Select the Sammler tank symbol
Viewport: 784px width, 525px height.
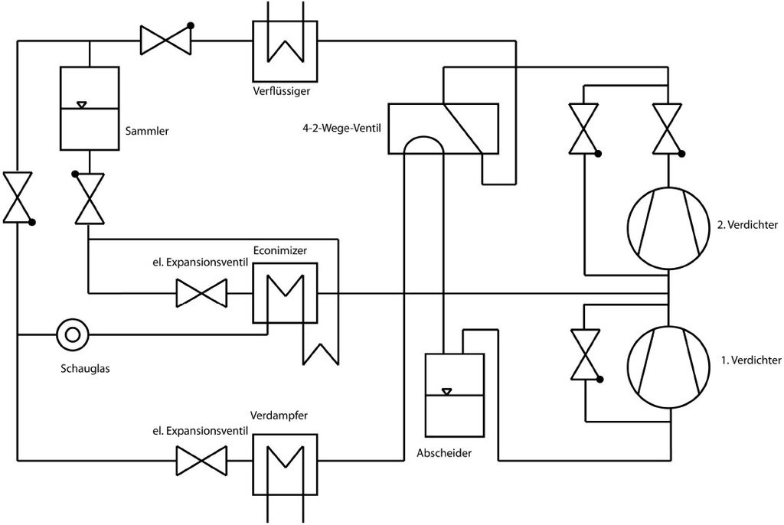(x=90, y=108)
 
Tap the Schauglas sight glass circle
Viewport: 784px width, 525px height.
(x=73, y=334)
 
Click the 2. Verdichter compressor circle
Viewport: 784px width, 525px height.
(x=669, y=228)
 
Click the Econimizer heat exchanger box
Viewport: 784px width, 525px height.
(x=285, y=293)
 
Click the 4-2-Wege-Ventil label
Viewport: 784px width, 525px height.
(x=341, y=126)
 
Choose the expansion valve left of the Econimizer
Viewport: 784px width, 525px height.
(x=201, y=293)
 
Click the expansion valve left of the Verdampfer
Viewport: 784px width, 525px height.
(x=201, y=461)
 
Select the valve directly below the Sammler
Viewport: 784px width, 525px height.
(x=90, y=197)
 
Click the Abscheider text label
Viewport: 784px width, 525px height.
(x=444, y=453)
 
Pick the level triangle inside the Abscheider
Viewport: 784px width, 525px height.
(x=447, y=392)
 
